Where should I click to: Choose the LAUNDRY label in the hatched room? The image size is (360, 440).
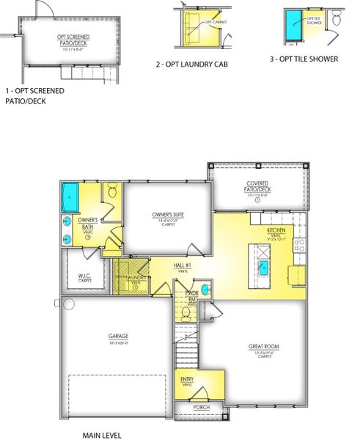click(133, 279)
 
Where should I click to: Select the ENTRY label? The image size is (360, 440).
click(187, 380)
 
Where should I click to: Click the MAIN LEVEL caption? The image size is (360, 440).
click(101, 436)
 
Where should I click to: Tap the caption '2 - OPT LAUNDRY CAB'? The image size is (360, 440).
click(192, 65)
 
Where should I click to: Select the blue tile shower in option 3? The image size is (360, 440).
click(294, 28)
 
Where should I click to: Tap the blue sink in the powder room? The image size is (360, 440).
click(205, 290)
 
